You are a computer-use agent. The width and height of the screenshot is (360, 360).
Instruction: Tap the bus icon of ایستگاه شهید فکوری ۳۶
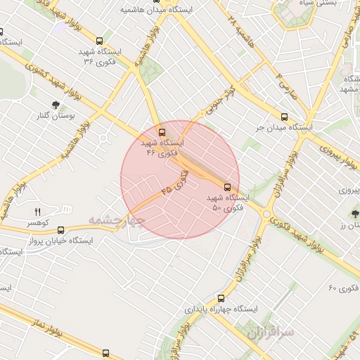(x=99, y=41)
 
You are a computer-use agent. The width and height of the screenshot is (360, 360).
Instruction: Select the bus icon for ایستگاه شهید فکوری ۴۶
(x=162, y=131)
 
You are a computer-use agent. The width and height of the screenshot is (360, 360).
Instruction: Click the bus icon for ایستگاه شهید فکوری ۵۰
(x=227, y=187)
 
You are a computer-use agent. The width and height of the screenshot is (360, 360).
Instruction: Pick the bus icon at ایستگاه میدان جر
(x=284, y=117)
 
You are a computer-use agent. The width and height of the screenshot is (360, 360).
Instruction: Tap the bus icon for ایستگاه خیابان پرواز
(x=60, y=229)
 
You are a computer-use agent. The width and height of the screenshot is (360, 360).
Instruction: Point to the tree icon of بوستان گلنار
(x=55, y=105)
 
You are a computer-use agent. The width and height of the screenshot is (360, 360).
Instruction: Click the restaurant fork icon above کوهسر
(x=38, y=212)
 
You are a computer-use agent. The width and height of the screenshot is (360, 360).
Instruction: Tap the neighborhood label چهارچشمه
(x=117, y=220)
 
